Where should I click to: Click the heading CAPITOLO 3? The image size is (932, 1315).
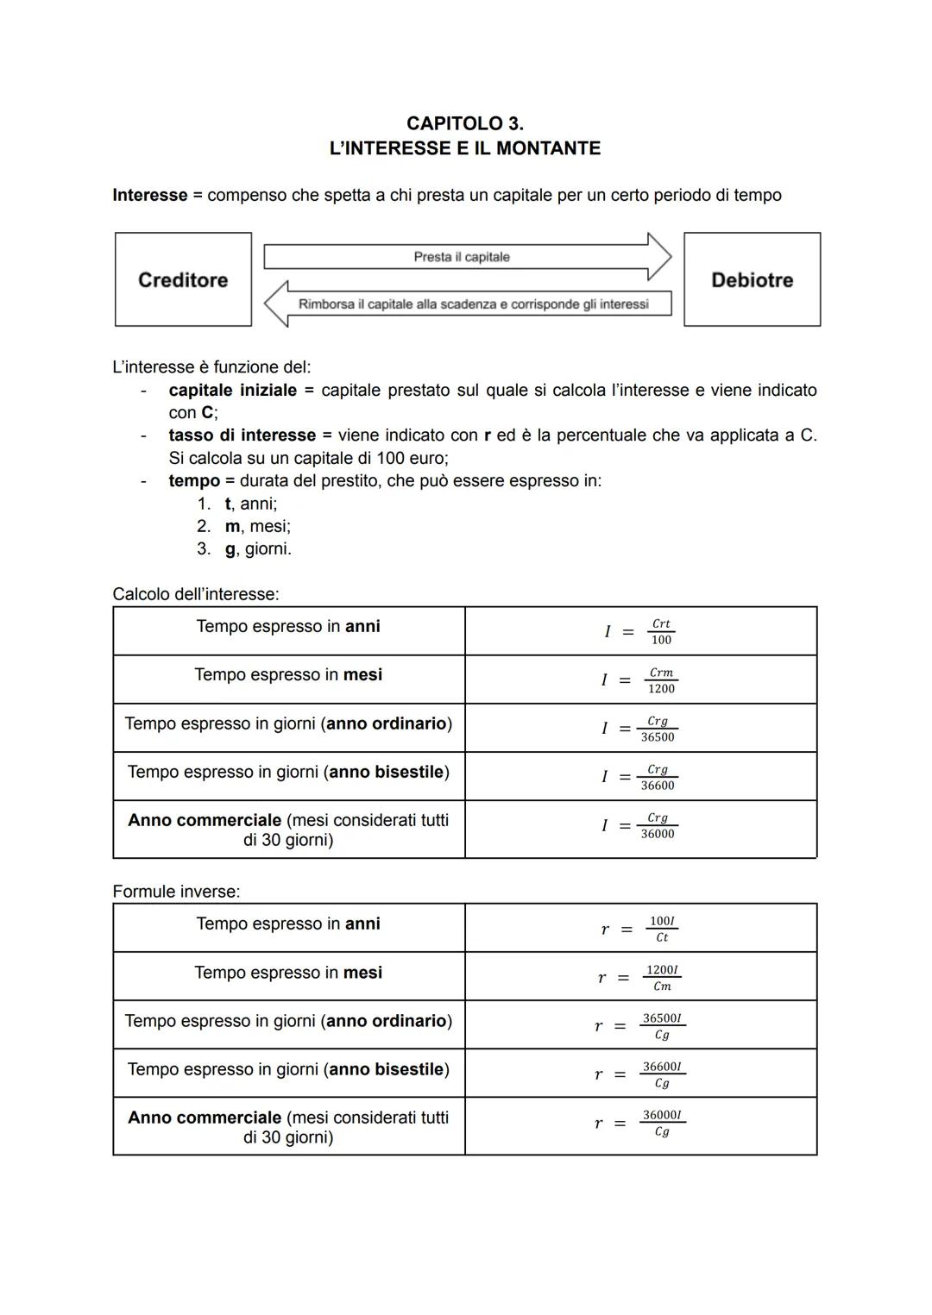point(464,123)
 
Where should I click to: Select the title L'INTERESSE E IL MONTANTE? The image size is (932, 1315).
point(464,148)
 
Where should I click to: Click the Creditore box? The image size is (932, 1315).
point(183,279)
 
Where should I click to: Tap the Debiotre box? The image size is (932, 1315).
point(752,279)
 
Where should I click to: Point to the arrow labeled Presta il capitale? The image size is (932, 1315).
point(466,257)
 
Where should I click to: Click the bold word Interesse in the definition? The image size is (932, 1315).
point(150,195)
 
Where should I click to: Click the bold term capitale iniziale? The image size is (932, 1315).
point(232,390)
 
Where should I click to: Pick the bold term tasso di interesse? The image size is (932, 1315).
point(242,435)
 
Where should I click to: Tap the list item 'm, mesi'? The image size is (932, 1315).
point(257,526)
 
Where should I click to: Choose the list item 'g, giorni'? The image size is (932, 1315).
point(257,548)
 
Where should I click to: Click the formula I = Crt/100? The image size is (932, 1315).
point(639,631)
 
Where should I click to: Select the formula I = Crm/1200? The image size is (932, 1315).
point(639,680)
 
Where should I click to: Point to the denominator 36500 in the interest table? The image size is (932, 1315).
point(658,737)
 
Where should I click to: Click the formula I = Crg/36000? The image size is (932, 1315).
point(639,826)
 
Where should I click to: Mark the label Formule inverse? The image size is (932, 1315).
point(176,892)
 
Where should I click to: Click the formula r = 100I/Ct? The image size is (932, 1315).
point(639,929)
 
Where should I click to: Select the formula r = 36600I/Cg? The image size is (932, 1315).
point(639,1074)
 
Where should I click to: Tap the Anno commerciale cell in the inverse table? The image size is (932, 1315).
point(288,1127)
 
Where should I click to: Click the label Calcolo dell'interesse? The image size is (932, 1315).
point(196,594)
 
